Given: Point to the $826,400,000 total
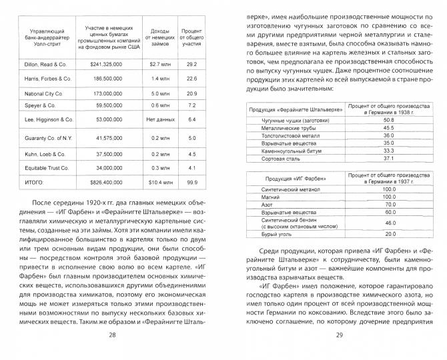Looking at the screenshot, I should pos(111,181).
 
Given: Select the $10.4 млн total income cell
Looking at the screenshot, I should pos(157,181).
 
